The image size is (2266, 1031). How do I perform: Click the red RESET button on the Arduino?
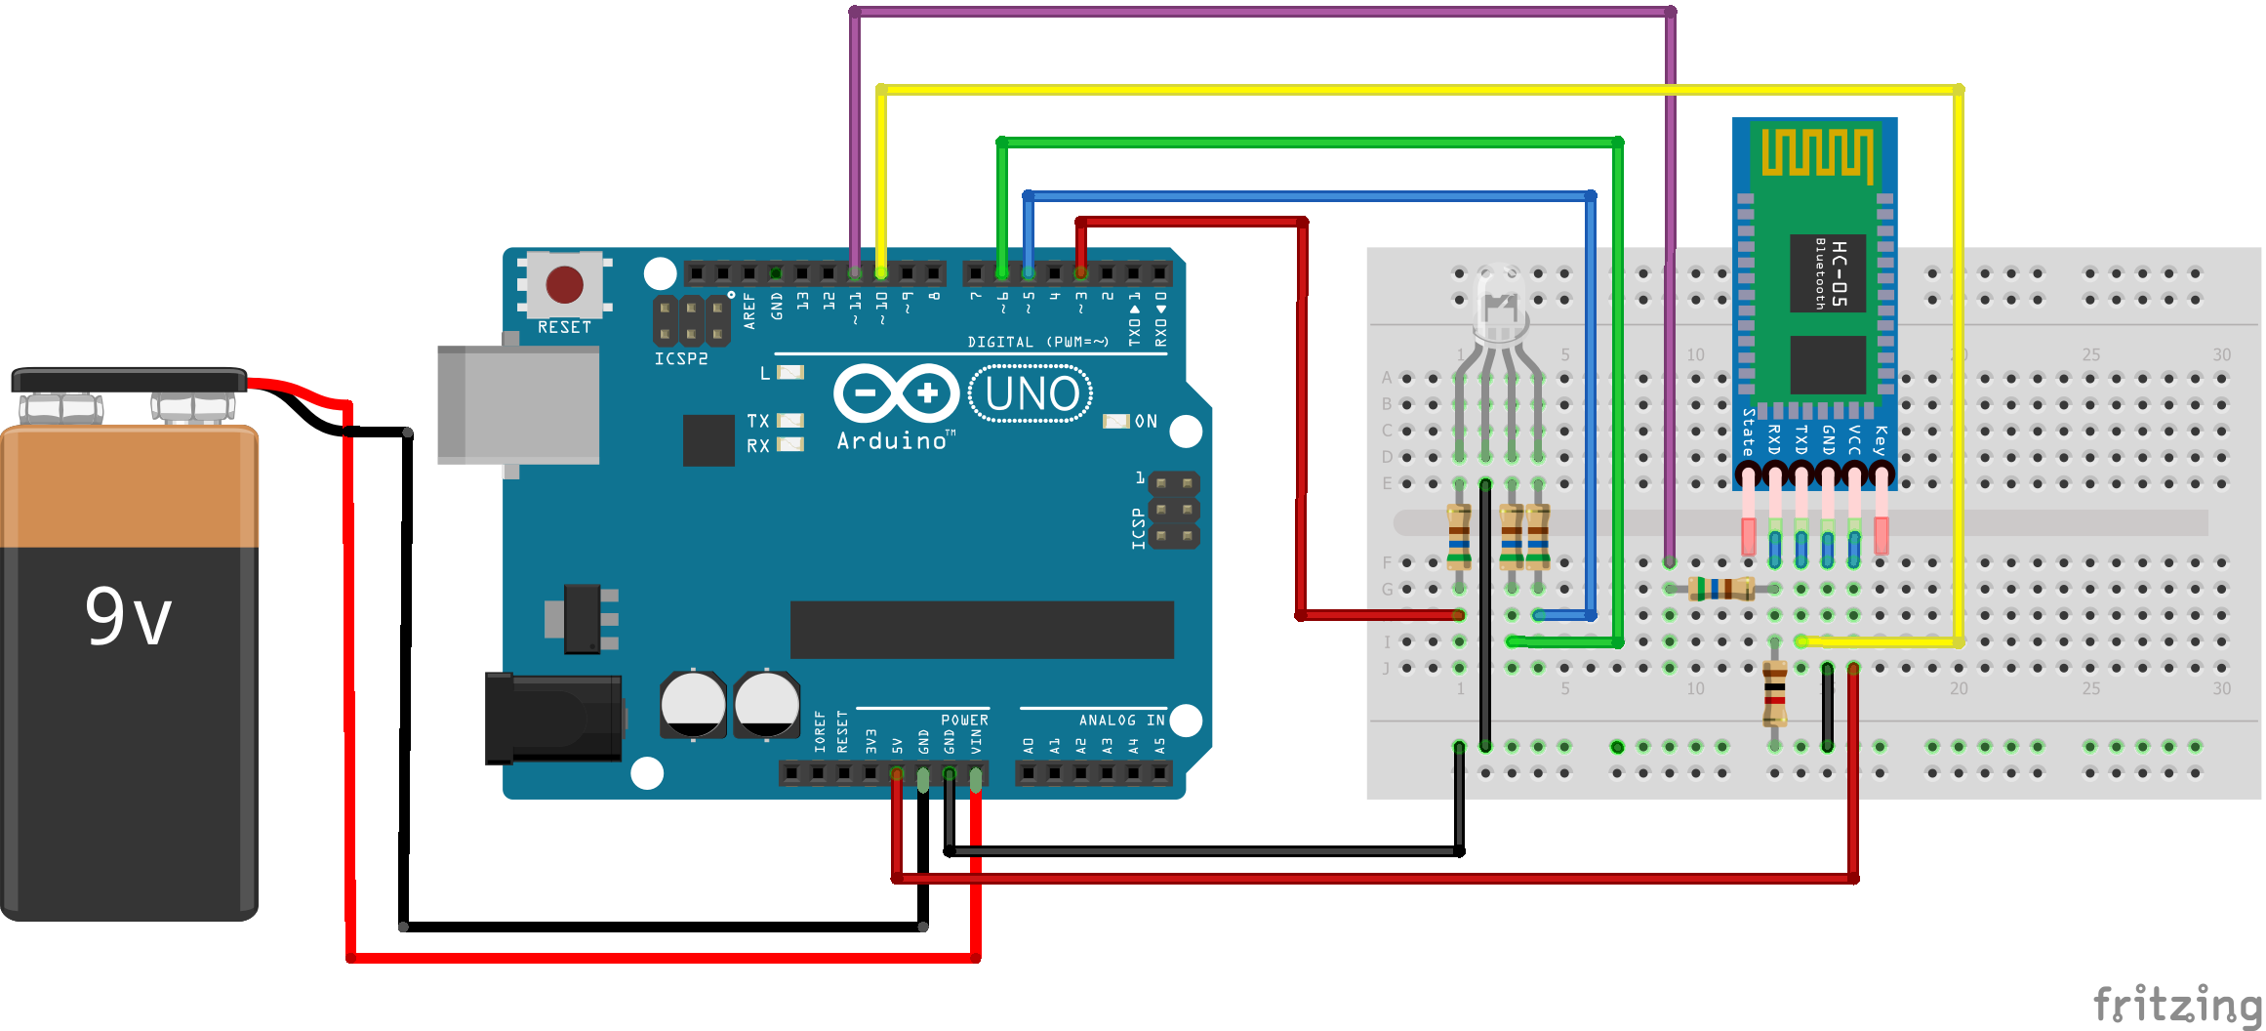564,284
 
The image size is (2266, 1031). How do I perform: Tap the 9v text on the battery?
129,617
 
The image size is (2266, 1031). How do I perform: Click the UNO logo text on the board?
1032,393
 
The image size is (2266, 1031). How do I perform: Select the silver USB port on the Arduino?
518,403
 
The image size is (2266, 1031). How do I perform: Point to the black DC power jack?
553,719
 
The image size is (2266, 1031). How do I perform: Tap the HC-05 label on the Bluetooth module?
1839,273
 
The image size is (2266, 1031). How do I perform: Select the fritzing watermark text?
2177,1004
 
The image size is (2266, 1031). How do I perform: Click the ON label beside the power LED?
1146,421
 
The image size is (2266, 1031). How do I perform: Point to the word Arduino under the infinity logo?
892,441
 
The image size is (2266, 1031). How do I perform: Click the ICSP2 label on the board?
681,358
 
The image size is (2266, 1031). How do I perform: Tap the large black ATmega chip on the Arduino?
981,630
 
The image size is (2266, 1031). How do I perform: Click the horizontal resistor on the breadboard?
1721,589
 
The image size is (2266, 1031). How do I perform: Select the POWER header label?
964,720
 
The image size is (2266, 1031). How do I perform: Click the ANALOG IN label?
1121,720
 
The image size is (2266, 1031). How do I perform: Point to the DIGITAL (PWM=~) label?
1037,342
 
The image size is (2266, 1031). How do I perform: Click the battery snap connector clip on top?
129,380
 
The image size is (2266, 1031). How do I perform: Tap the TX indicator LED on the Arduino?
789,421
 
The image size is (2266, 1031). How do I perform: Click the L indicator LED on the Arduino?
789,372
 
